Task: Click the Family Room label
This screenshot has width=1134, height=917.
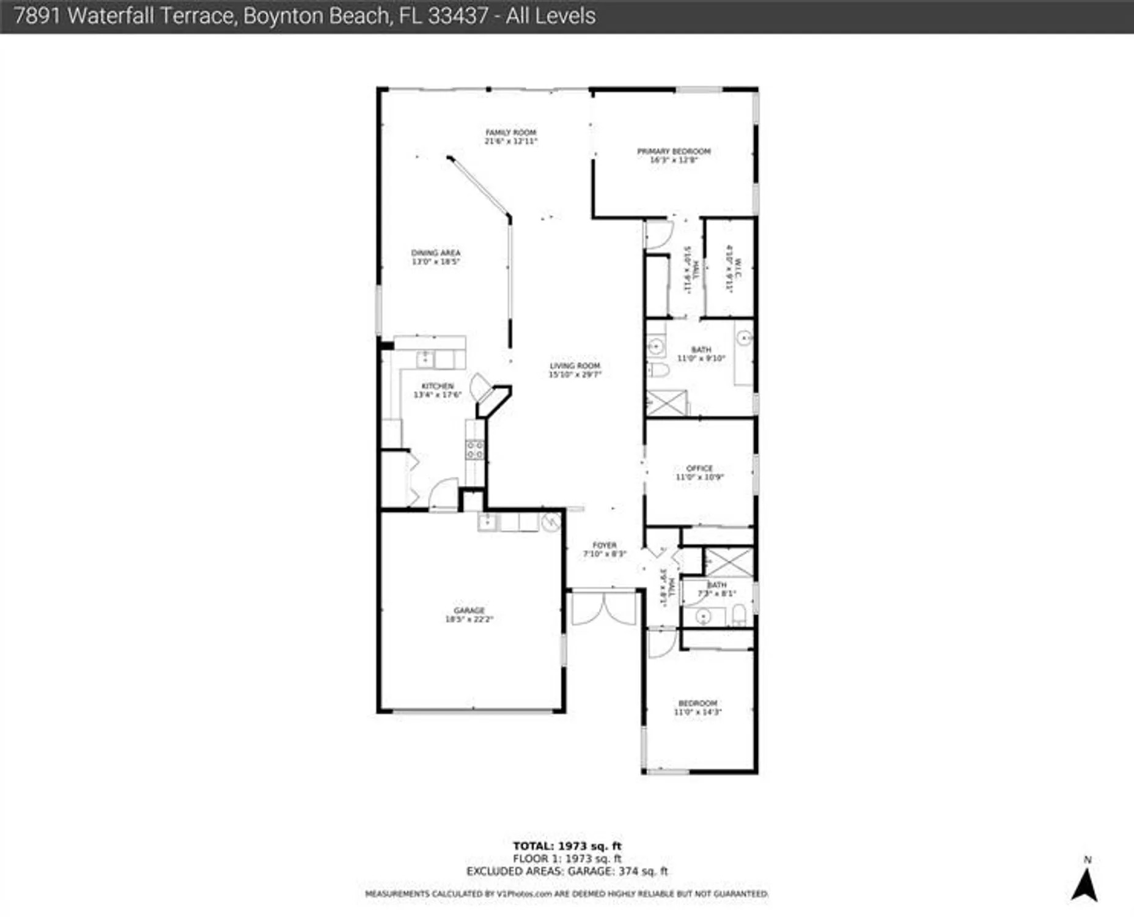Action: (x=510, y=133)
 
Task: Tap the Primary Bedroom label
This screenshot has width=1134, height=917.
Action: (x=674, y=152)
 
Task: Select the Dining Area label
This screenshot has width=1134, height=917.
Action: (x=435, y=253)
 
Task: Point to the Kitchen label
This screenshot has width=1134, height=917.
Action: (x=438, y=386)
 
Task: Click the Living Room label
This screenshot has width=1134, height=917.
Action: (x=575, y=366)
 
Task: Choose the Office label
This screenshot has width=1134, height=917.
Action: (x=699, y=469)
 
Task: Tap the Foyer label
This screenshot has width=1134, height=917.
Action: (x=604, y=545)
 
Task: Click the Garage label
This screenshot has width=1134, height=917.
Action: (x=469, y=611)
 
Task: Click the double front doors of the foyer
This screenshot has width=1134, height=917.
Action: (x=603, y=608)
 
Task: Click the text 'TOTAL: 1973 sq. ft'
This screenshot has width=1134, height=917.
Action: (x=567, y=846)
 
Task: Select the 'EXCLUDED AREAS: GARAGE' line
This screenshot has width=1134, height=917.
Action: (x=567, y=871)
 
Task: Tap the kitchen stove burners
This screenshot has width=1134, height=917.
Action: (x=475, y=450)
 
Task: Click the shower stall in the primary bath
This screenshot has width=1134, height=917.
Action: (x=666, y=403)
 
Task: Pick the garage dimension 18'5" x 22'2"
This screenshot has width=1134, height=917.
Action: (x=469, y=619)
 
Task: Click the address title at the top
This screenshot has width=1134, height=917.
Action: (x=304, y=16)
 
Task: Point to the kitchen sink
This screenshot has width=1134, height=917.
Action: (x=425, y=359)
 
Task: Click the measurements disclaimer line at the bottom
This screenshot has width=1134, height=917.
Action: (x=567, y=894)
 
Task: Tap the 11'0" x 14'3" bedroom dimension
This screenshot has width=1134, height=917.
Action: (x=698, y=712)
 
